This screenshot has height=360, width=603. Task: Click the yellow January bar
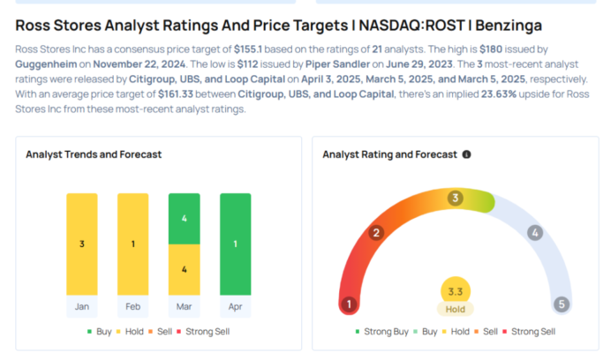(82, 244)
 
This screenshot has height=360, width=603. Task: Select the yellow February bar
(133, 244)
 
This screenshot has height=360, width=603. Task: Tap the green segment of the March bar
(185, 218)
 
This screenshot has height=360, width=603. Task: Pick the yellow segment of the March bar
(185, 268)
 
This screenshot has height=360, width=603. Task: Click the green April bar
(235, 244)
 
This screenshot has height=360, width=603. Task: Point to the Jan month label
(82, 306)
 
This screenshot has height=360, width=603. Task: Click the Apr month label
(235, 306)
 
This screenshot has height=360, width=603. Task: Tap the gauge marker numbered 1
(350, 304)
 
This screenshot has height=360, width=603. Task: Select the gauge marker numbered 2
(376, 233)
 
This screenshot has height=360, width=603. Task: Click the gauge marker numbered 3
(455, 198)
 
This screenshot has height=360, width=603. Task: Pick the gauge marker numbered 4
(534, 233)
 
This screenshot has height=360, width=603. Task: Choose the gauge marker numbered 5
(560, 304)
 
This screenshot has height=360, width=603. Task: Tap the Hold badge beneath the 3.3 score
(455, 309)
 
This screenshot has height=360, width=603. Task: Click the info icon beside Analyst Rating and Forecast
(466, 154)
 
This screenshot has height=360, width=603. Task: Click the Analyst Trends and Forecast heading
(94, 154)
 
